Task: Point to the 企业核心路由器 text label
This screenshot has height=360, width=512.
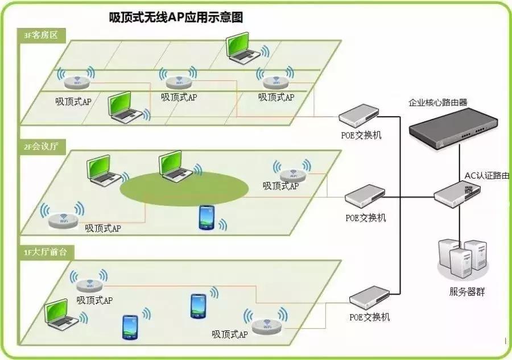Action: pos(437,103)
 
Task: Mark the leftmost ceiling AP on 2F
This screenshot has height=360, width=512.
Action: pos(61,220)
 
